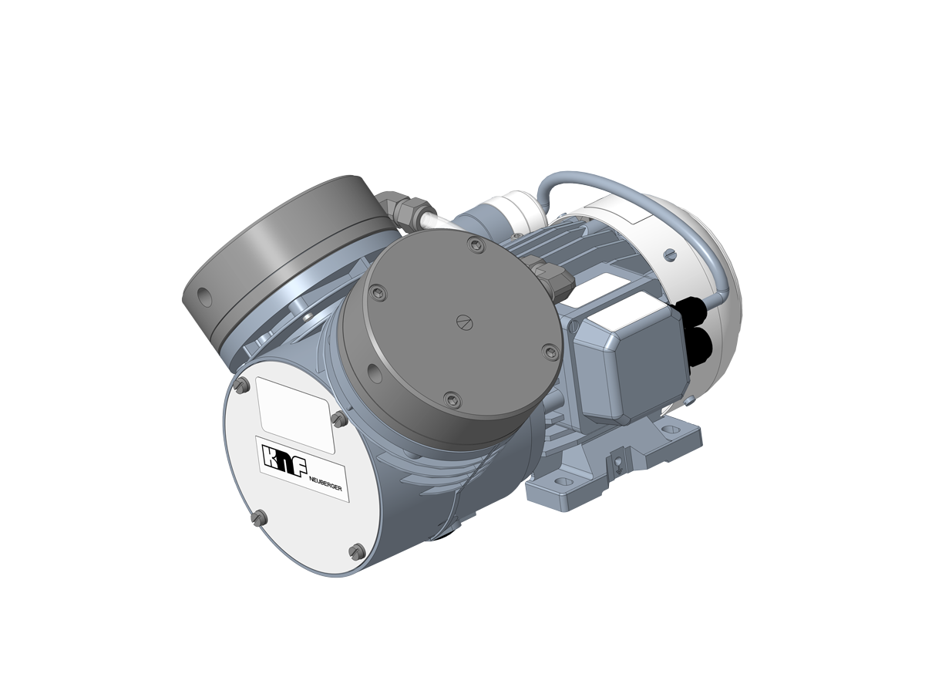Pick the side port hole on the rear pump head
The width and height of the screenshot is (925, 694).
[x=204, y=295]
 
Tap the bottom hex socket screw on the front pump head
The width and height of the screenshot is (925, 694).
[x=452, y=399]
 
